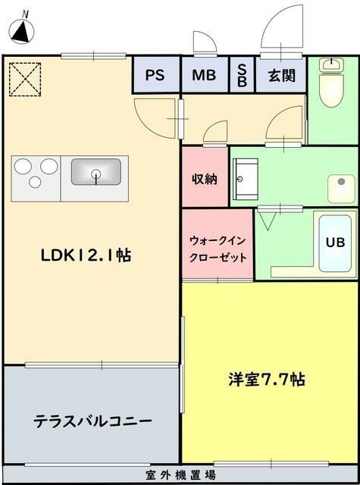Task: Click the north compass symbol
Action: coord(22,30)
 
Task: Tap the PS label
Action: coord(155,75)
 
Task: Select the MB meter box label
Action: coord(204,75)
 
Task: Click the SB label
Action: coord(243,75)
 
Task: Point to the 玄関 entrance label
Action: coord(281,75)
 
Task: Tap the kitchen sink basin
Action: coord(96,172)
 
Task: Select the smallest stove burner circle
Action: coord(35,182)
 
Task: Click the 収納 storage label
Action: coord(205,179)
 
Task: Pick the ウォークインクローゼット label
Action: coord(218,249)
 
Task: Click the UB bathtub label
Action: coord(335,242)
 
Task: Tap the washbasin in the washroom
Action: coord(246,180)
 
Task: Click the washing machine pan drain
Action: coord(341,182)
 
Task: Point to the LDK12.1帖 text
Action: coord(86,255)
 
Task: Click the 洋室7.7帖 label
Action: coord(267,379)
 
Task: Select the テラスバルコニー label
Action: coord(92,421)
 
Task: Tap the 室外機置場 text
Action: coord(180,475)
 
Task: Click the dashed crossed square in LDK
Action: coord(25,79)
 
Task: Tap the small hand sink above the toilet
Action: coord(332,64)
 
